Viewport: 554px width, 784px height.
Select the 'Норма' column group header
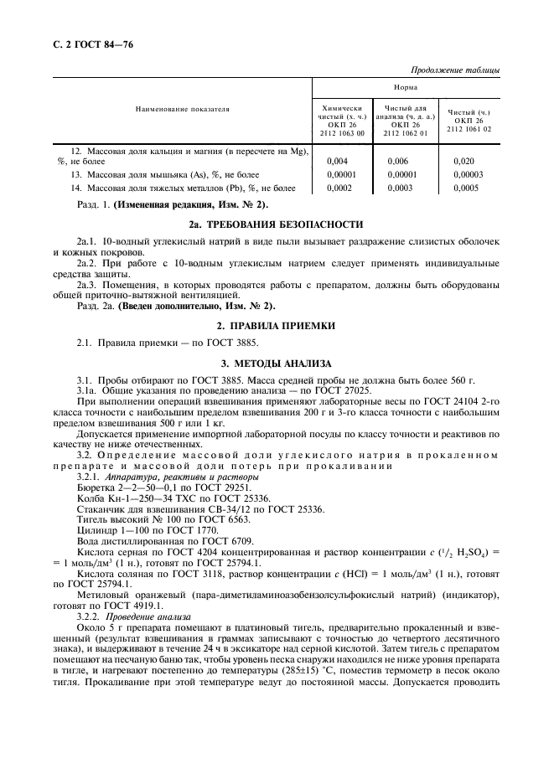coord(406,87)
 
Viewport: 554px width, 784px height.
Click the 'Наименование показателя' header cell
coord(181,109)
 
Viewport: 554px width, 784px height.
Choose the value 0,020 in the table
coord(463,160)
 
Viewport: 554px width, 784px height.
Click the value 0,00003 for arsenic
coord(468,174)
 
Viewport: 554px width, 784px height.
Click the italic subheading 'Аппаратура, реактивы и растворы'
coord(171,476)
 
